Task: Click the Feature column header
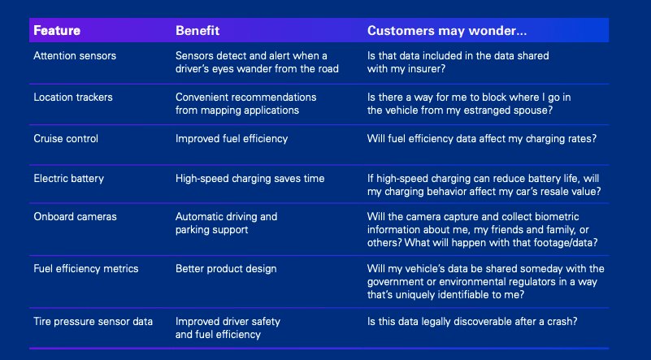coord(56,31)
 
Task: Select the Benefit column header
coord(197,31)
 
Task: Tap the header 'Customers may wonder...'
coord(447,31)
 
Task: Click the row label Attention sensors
coord(75,55)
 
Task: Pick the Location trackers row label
coord(73,97)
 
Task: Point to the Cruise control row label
coord(66,138)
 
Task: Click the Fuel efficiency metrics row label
coord(85,268)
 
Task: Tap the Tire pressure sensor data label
coord(93,321)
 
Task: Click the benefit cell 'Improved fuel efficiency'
coord(232,138)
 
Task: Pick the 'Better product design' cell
coord(225,268)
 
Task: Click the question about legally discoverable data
coord(472,321)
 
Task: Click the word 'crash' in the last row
coord(560,321)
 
